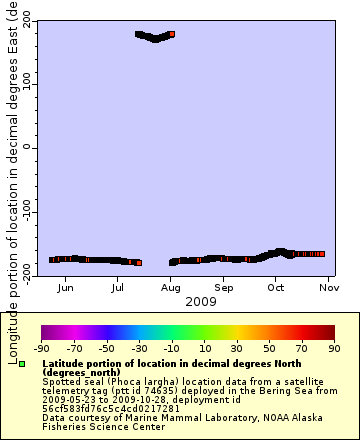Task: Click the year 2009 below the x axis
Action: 200,300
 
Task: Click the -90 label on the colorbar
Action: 41,348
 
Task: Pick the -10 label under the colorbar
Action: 173,348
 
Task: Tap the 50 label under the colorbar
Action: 271,348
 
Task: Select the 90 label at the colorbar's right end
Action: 335,348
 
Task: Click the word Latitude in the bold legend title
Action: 64,362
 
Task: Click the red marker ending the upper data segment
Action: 172,34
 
